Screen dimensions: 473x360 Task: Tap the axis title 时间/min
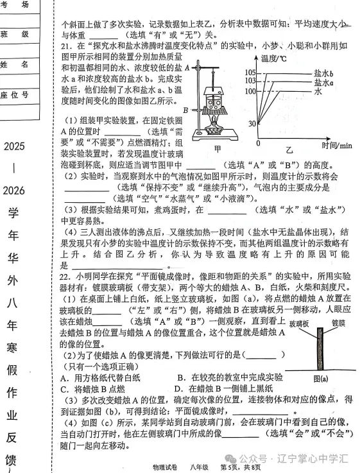[x=338, y=146]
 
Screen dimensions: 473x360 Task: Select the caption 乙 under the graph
[x=289, y=150]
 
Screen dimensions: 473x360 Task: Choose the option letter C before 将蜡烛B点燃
[x=64, y=389]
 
